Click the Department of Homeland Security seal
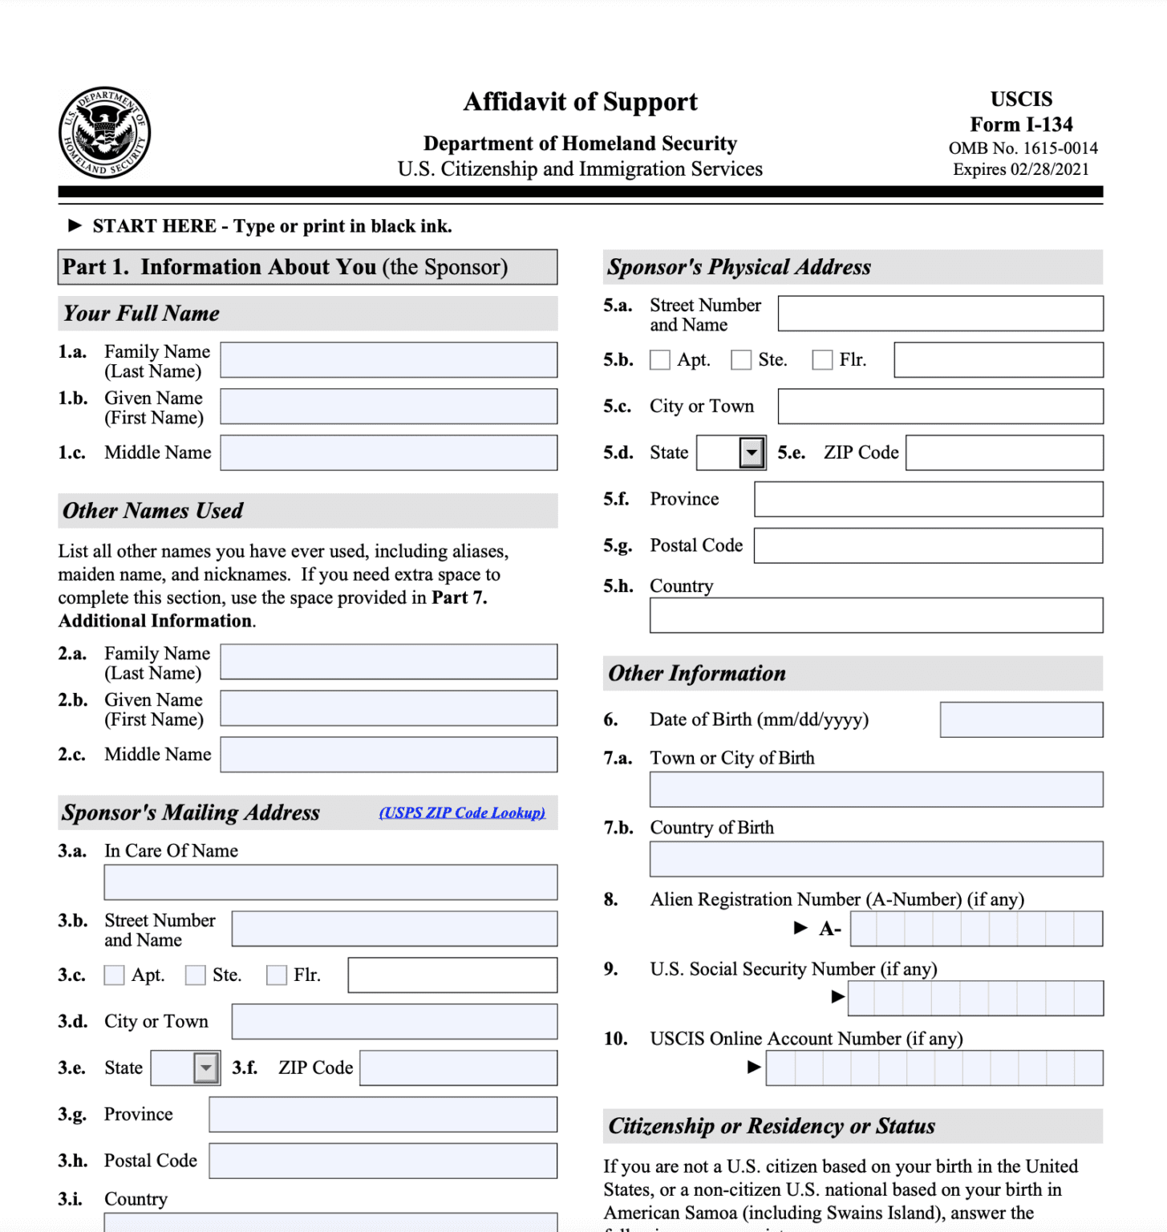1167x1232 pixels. (104, 132)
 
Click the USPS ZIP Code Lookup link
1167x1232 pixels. (462, 813)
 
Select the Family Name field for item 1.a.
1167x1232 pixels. (389, 360)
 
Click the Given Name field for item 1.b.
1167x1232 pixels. (389, 407)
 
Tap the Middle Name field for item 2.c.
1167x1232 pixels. (389, 755)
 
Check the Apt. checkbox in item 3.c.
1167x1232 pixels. (115, 975)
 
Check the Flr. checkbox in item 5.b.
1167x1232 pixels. (822, 360)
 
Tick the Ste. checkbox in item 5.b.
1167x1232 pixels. (741, 360)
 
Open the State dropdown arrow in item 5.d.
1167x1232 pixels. (752, 453)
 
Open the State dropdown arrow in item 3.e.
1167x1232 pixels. (206, 1068)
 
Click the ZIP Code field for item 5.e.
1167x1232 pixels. (1004, 453)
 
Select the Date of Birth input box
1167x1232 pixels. (1021, 720)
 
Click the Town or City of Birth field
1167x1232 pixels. (876, 790)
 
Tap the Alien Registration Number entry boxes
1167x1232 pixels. (976, 929)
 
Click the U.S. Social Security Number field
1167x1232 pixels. (975, 999)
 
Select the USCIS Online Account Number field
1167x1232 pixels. (934, 1068)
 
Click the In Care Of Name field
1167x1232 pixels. (330, 882)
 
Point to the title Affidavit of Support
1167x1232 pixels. (580, 102)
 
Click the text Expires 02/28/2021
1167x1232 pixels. (1021, 169)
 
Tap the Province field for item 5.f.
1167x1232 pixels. (928, 500)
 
